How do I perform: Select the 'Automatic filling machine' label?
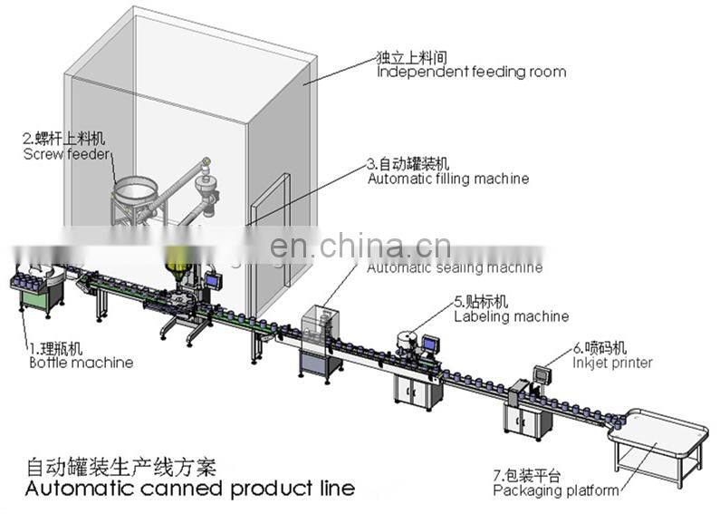tap(447, 179)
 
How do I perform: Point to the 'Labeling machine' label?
tap(511, 316)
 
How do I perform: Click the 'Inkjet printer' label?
tap(611, 363)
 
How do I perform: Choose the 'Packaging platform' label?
tap(555, 490)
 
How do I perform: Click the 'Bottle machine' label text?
tap(81, 363)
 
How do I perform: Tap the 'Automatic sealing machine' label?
tap(454, 267)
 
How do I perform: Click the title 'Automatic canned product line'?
tap(188, 489)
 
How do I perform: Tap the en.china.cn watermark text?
tap(360, 246)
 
